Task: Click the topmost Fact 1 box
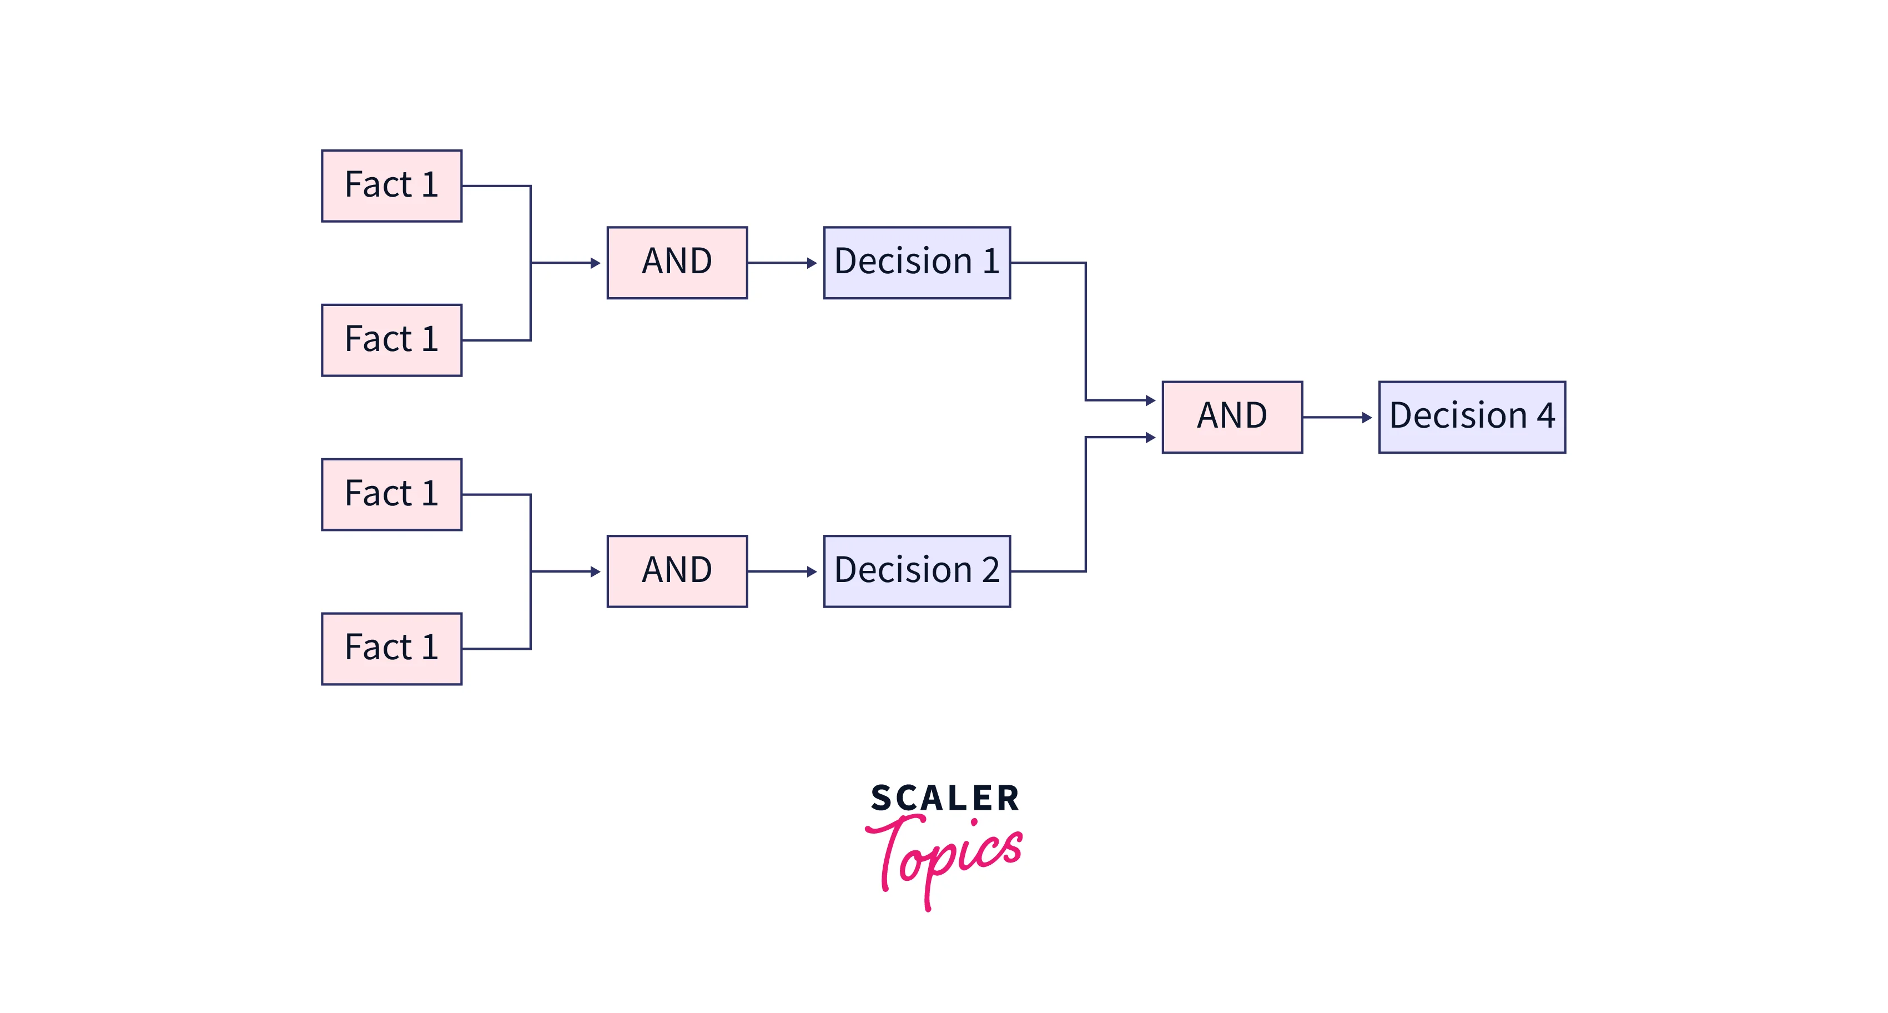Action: [391, 185]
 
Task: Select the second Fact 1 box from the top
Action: [391, 340]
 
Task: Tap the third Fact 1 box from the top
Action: [391, 494]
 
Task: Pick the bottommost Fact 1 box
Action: [391, 649]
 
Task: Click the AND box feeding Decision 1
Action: [677, 262]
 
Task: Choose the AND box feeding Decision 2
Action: [677, 571]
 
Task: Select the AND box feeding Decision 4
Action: [1232, 417]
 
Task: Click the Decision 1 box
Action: [917, 262]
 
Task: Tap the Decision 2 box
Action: [917, 571]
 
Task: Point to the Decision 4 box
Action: [1472, 417]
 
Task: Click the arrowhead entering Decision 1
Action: [812, 262]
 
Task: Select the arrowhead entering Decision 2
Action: [812, 571]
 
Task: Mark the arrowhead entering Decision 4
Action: [1367, 417]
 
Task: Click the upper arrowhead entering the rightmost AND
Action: [1151, 400]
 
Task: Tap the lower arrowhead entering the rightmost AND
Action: [1151, 437]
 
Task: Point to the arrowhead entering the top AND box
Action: [596, 262]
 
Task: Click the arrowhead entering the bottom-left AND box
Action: [596, 571]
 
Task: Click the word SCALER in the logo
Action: [945, 798]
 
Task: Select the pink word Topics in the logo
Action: [944, 861]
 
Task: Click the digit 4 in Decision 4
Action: [1545, 415]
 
